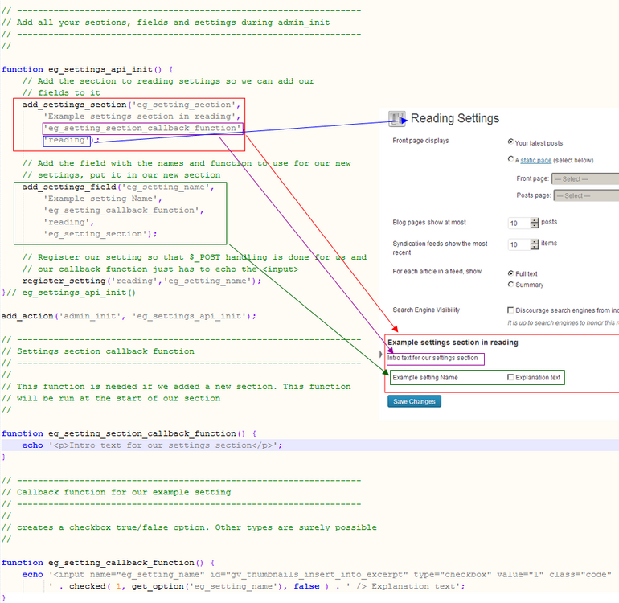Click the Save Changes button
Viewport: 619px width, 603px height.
pos(414,401)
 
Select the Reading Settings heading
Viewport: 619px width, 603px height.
pos(454,118)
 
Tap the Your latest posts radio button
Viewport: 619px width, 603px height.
pos(511,142)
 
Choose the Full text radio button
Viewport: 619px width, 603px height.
pos(511,273)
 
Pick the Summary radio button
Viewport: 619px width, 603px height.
pos(511,285)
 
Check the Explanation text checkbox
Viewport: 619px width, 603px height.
pos(511,377)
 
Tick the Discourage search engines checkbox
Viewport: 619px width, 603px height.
pos(511,310)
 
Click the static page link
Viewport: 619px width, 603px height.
pos(535,161)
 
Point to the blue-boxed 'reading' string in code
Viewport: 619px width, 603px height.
pos(68,140)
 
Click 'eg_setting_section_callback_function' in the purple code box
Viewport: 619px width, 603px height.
pos(142,128)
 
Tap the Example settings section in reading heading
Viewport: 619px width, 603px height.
pos(453,343)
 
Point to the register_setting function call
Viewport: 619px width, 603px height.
pos(141,281)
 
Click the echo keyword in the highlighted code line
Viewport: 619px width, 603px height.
pos(33,445)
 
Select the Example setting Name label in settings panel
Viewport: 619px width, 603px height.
pos(425,377)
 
